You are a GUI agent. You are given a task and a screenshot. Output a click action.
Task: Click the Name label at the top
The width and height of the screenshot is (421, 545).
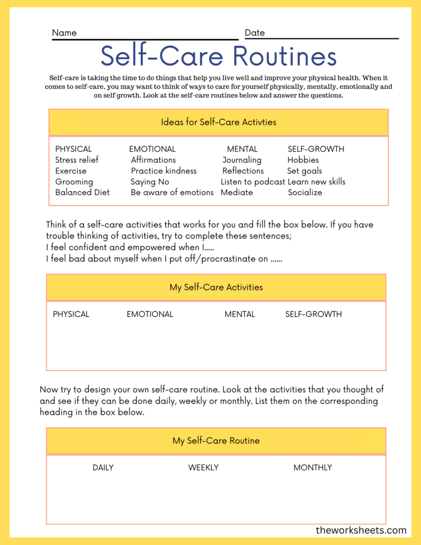[64, 33]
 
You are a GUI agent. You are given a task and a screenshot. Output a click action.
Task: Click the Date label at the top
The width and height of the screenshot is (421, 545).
[254, 33]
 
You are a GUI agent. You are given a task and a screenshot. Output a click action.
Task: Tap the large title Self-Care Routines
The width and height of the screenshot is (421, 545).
[218, 56]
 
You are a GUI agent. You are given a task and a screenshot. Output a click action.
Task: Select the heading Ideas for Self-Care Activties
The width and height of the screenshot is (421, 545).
[218, 122]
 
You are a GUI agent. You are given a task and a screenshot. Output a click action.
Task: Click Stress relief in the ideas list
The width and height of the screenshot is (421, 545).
[77, 160]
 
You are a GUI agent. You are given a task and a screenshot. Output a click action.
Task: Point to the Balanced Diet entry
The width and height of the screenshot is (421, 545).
[82, 192]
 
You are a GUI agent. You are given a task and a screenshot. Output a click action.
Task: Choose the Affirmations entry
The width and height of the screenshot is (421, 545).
[153, 160]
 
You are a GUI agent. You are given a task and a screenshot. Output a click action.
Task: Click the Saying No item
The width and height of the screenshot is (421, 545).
[150, 181]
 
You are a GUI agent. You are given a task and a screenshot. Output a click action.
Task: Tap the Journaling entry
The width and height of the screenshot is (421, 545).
[242, 160]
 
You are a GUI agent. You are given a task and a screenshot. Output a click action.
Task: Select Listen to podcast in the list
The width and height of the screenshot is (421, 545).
[253, 181]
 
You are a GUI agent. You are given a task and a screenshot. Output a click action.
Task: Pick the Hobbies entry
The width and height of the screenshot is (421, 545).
[303, 160]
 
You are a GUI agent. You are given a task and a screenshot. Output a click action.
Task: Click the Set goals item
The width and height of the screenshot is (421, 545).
[304, 171]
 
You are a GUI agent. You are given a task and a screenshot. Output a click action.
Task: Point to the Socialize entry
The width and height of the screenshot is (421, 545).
[305, 192]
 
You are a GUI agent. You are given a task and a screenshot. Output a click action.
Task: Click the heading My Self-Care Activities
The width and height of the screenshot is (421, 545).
[216, 287]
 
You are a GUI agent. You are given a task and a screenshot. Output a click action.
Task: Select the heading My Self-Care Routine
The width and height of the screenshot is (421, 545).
[216, 441]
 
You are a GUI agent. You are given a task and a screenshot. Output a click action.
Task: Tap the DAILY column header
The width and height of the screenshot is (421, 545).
[103, 467]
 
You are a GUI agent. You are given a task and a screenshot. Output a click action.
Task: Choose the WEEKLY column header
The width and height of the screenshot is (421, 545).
[203, 467]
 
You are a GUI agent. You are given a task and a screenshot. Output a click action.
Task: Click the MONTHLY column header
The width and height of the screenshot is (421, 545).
[312, 467]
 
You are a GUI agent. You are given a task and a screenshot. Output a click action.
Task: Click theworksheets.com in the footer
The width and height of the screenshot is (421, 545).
[361, 530]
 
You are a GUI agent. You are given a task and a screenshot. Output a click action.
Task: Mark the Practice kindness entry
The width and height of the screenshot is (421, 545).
[164, 171]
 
